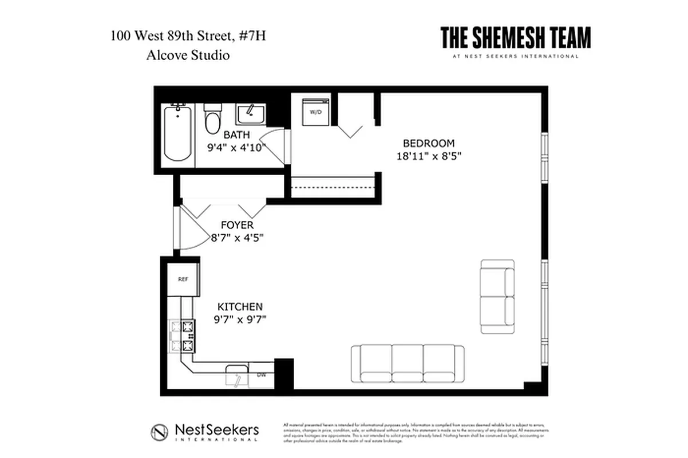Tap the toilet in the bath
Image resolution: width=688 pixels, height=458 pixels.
pyautogui.click(x=213, y=119)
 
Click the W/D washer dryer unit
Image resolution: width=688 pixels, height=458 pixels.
pyautogui.click(x=315, y=112)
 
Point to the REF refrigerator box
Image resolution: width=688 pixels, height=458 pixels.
pyautogui.click(x=183, y=279)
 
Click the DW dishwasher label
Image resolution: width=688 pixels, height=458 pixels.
pyautogui.click(x=262, y=375)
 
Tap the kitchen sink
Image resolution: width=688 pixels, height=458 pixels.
pyautogui.click(x=236, y=373)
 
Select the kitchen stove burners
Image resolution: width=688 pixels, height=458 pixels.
pyautogui.click(x=187, y=336)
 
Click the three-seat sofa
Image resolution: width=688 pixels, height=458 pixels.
pyautogui.click(x=407, y=362)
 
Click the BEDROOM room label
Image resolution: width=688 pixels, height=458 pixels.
pyautogui.click(x=429, y=143)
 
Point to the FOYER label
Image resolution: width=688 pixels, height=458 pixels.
pyautogui.click(x=237, y=226)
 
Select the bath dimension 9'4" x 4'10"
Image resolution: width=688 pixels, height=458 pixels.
pyautogui.click(x=236, y=147)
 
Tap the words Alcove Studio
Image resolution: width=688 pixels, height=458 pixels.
pyautogui.click(x=188, y=56)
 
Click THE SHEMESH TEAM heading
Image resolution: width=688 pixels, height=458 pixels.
pyautogui.click(x=515, y=38)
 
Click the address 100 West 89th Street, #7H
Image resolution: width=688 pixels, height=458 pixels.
pyautogui.click(x=188, y=37)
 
